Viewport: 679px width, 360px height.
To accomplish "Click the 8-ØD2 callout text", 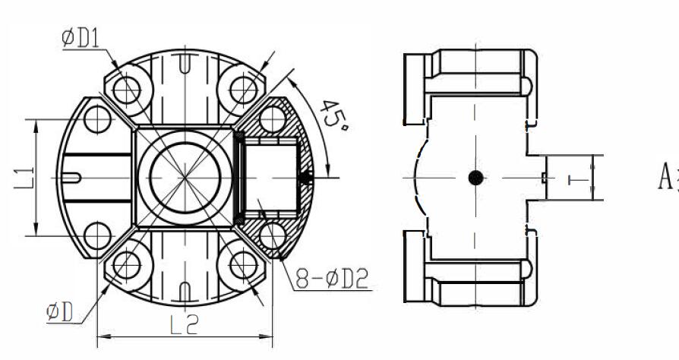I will pos(332,280).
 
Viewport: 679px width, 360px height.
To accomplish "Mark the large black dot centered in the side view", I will pos(475,178).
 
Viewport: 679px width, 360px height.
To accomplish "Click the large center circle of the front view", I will pos(185,177).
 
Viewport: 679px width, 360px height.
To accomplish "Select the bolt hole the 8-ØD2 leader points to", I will pos(270,235).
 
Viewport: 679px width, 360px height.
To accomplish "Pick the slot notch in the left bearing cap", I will pos(72,178).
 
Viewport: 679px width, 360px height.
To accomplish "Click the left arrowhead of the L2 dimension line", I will pos(101,335).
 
